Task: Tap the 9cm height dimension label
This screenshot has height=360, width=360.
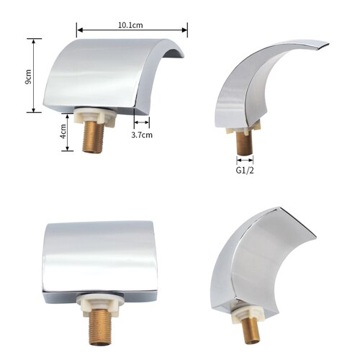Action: (x=28, y=76)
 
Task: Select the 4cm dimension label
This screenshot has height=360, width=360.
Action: (x=63, y=132)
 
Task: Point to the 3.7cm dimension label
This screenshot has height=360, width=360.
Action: (x=142, y=134)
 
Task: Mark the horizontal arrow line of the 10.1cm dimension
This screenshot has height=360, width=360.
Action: (x=132, y=30)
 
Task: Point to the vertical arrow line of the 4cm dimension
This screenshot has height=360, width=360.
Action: (x=68, y=132)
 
